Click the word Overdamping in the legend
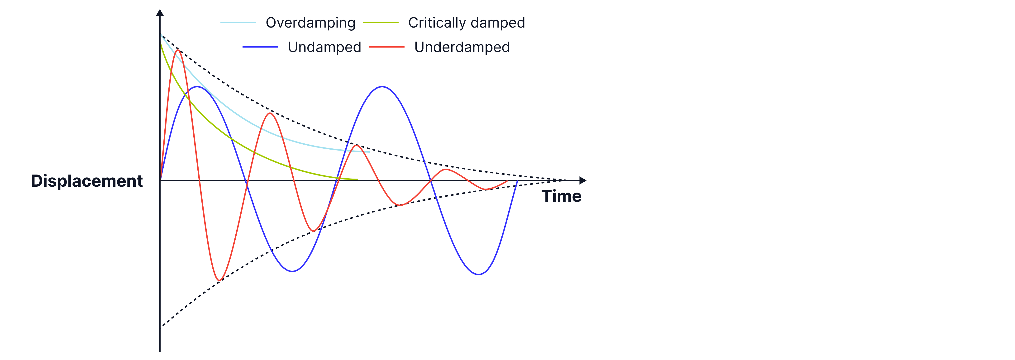click(310, 23)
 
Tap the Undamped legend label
click(324, 47)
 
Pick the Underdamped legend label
click(462, 47)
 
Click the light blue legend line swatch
click(238, 23)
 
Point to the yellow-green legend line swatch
click(381, 23)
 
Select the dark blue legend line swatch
click(260, 47)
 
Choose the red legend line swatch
click(386, 47)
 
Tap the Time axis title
click(562, 196)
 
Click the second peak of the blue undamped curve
click(382, 87)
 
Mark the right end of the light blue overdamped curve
click(369, 152)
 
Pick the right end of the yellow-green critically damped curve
click(357, 179)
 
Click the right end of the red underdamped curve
click(507, 181)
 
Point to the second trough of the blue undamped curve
click(478, 274)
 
